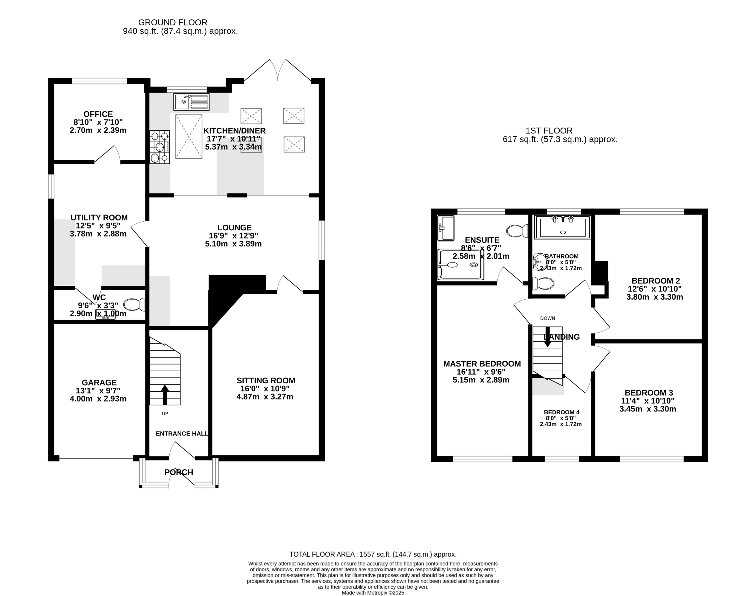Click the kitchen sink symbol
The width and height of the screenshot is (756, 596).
click(191, 102)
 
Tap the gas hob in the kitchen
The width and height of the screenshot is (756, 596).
click(160, 147)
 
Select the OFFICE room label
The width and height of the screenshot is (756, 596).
click(98, 114)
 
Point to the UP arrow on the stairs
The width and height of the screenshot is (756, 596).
click(164, 394)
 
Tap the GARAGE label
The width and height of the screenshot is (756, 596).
click(99, 382)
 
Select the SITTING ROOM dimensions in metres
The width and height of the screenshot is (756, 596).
click(265, 397)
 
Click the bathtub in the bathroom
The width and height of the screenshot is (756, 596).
click(562, 227)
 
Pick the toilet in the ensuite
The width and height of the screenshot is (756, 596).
click(517, 231)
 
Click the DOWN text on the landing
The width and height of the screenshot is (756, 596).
click(548, 318)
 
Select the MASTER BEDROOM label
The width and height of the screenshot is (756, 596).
click(482, 364)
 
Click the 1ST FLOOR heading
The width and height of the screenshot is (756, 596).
click(549, 131)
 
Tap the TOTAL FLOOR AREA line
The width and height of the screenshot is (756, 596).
click(373, 554)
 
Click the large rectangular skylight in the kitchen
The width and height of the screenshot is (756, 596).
click(189, 137)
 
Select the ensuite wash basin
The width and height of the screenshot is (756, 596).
click(446, 228)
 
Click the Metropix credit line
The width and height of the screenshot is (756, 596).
click(373, 592)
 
